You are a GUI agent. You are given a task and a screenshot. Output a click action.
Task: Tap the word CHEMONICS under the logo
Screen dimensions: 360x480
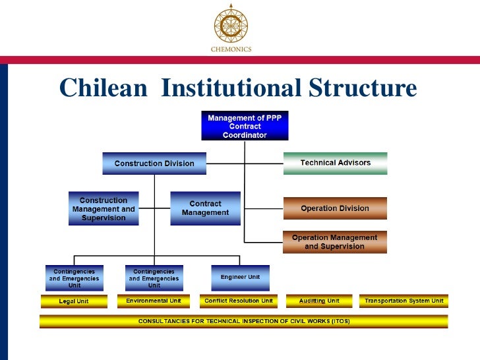pos(231,49)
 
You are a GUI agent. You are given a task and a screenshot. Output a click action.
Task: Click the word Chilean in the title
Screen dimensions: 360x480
pos(103,88)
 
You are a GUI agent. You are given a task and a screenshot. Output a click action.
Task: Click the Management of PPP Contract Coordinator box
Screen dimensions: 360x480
pos(245,126)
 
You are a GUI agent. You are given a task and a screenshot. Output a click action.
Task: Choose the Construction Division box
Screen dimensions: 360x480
pos(154,164)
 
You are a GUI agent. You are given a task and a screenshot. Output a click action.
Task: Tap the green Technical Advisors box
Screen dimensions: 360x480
pos(335,163)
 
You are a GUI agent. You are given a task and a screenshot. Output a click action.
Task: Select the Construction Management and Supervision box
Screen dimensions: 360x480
pos(104,209)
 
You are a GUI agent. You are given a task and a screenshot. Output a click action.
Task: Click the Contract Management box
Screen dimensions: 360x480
pos(204,208)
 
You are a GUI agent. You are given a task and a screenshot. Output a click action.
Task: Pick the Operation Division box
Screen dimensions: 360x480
pos(335,208)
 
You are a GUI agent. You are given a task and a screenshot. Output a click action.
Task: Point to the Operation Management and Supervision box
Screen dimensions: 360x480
pos(335,242)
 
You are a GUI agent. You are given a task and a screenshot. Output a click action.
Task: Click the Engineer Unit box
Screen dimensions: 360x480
pos(240,278)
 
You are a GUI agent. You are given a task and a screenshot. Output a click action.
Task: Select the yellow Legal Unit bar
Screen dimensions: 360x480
pos(74,301)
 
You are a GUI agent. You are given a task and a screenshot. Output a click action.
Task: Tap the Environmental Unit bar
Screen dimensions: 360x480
pos(154,301)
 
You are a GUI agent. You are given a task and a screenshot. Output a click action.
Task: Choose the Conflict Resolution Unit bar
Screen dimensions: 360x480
pos(239,301)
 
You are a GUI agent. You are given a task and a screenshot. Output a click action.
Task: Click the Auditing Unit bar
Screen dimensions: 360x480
pos(319,301)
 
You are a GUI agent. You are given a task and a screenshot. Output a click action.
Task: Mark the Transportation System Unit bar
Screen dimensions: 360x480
pos(403,301)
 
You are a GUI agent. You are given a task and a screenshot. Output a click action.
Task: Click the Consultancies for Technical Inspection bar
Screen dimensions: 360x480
pos(243,321)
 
